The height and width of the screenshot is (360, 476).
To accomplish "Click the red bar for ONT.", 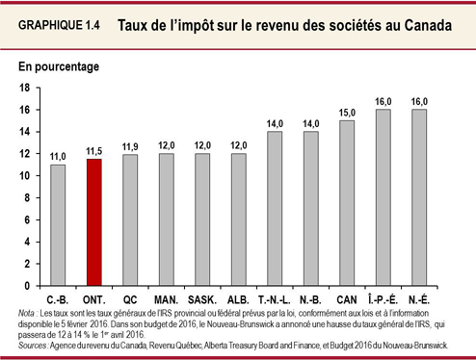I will pyautogui.click(x=93, y=222).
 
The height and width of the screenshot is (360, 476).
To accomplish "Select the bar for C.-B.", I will pyautogui.click(x=58, y=225).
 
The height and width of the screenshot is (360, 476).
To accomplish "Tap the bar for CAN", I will pyautogui.click(x=345, y=203).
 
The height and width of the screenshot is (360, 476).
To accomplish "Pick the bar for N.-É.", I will pyautogui.click(x=418, y=197).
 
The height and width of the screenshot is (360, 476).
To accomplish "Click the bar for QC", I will pyautogui.click(x=130, y=220).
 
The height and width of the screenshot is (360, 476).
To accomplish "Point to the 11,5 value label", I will pyautogui.click(x=93, y=150).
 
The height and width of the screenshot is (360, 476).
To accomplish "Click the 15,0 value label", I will pyautogui.click(x=346, y=112).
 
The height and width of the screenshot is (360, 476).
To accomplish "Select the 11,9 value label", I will pyautogui.click(x=130, y=146).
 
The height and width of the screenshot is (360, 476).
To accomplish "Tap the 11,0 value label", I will pyautogui.click(x=58, y=156).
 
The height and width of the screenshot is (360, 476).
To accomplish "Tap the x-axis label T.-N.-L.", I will pyautogui.click(x=274, y=299).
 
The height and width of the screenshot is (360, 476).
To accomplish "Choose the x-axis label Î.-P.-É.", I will pyautogui.click(x=382, y=299).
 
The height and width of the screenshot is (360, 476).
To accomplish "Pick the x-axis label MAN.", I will pyautogui.click(x=166, y=299).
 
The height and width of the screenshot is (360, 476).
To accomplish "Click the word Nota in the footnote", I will pyautogui.click(x=26, y=314).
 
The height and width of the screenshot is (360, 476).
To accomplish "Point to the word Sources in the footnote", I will pyautogui.click(x=32, y=344).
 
